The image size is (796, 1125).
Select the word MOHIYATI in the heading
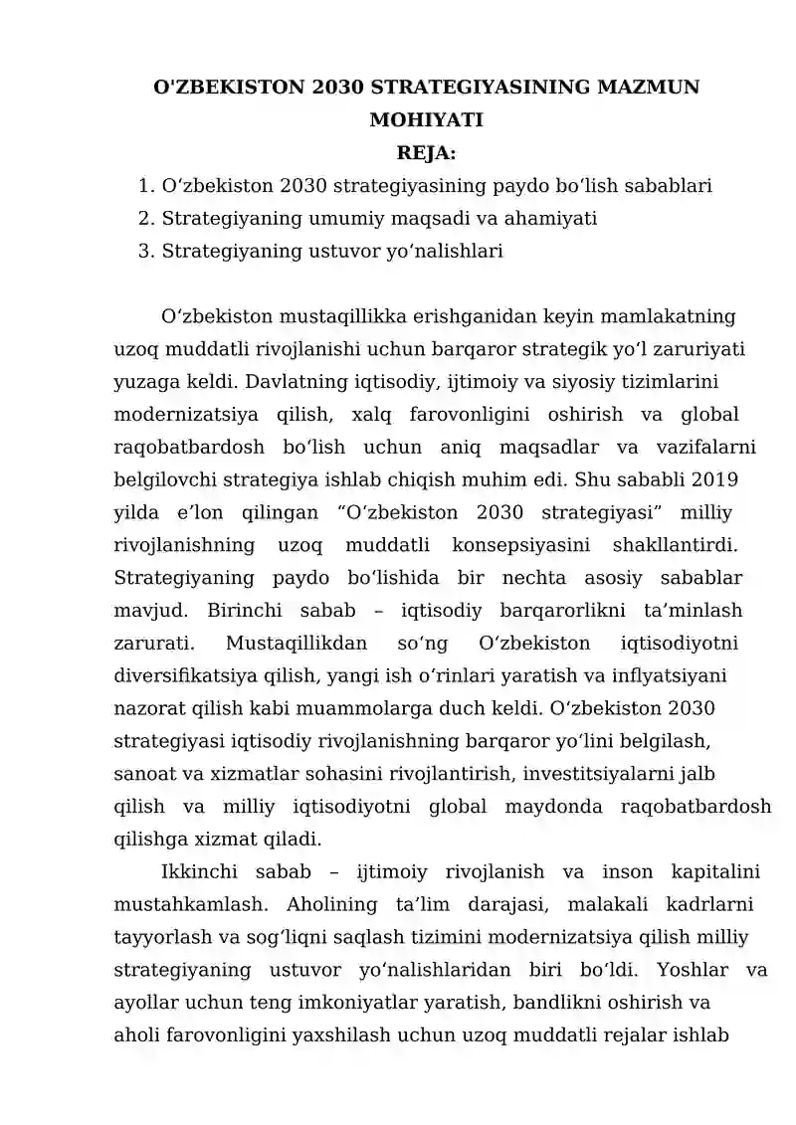point(426,121)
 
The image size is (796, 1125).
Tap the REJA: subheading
point(426,153)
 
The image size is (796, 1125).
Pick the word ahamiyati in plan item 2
point(554,218)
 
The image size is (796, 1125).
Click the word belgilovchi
point(165,479)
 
